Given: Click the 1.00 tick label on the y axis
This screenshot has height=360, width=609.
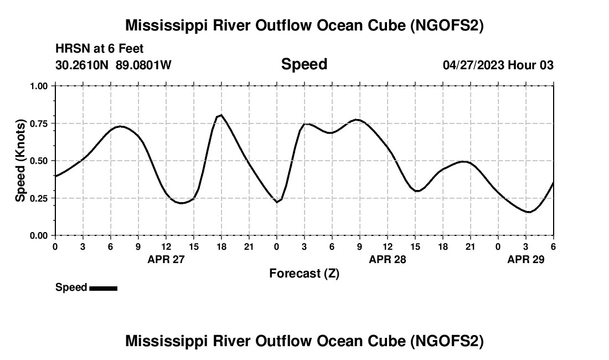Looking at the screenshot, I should click(39, 86).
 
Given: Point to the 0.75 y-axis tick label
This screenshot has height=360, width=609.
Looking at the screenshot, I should click(39, 124).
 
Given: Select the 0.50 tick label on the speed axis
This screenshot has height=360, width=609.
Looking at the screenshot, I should click(39, 161).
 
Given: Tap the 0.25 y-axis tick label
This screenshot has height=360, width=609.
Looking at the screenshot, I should click(39, 198).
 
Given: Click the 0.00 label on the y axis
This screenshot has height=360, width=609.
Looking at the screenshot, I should click(39, 235).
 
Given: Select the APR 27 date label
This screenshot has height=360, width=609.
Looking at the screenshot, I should click(166, 259).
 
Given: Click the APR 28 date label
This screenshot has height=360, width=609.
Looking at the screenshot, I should click(388, 259).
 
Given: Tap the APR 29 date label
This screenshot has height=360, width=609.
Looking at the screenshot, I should click(526, 259).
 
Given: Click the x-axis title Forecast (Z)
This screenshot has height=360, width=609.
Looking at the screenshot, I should click(304, 274).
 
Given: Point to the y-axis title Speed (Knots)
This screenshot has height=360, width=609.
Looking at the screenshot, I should click(20, 161).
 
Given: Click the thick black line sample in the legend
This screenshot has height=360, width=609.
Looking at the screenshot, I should click(103, 288).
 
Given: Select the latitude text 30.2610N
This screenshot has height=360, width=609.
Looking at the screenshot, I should click(82, 65).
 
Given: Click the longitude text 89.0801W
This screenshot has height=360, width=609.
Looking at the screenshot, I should click(143, 65).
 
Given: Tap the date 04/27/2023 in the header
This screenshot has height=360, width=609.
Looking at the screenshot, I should click(473, 65).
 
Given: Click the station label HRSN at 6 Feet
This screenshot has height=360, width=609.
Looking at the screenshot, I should click(100, 49).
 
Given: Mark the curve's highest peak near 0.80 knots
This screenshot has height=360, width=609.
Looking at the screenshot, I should click(221, 115).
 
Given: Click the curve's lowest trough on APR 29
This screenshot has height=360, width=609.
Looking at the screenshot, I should click(529, 212).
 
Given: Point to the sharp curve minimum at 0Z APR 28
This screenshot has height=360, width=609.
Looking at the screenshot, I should click(277, 202).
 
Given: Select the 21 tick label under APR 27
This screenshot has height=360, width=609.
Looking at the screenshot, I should click(249, 246).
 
